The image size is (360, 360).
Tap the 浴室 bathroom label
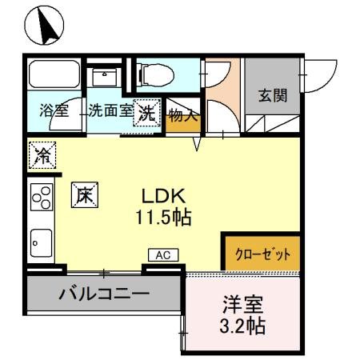point(54,111)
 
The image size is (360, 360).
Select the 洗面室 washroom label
point(110,111)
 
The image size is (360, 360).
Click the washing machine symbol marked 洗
point(147,111)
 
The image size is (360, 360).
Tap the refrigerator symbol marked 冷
point(40,155)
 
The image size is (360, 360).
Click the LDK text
point(164,196)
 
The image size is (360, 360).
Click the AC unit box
point(163,255)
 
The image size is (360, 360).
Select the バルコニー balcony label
point(103,293)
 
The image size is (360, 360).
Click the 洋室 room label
point(242,305)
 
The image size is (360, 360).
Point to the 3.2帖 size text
point(242,326)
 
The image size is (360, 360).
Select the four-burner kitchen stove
point(41,197)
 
